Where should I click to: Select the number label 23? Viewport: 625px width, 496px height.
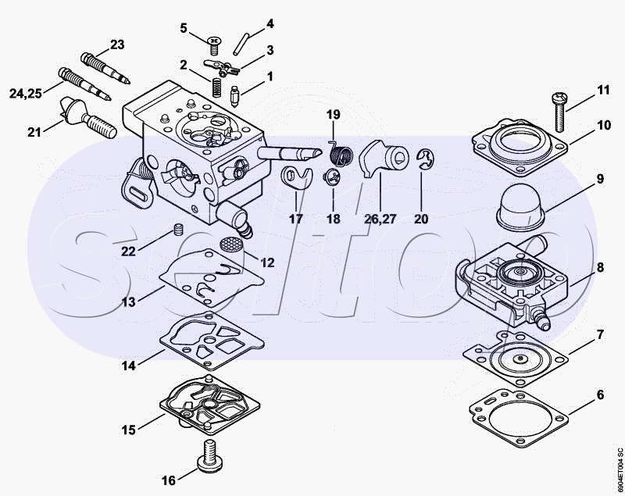(117, 44)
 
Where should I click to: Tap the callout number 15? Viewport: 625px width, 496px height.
(128, 429)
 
